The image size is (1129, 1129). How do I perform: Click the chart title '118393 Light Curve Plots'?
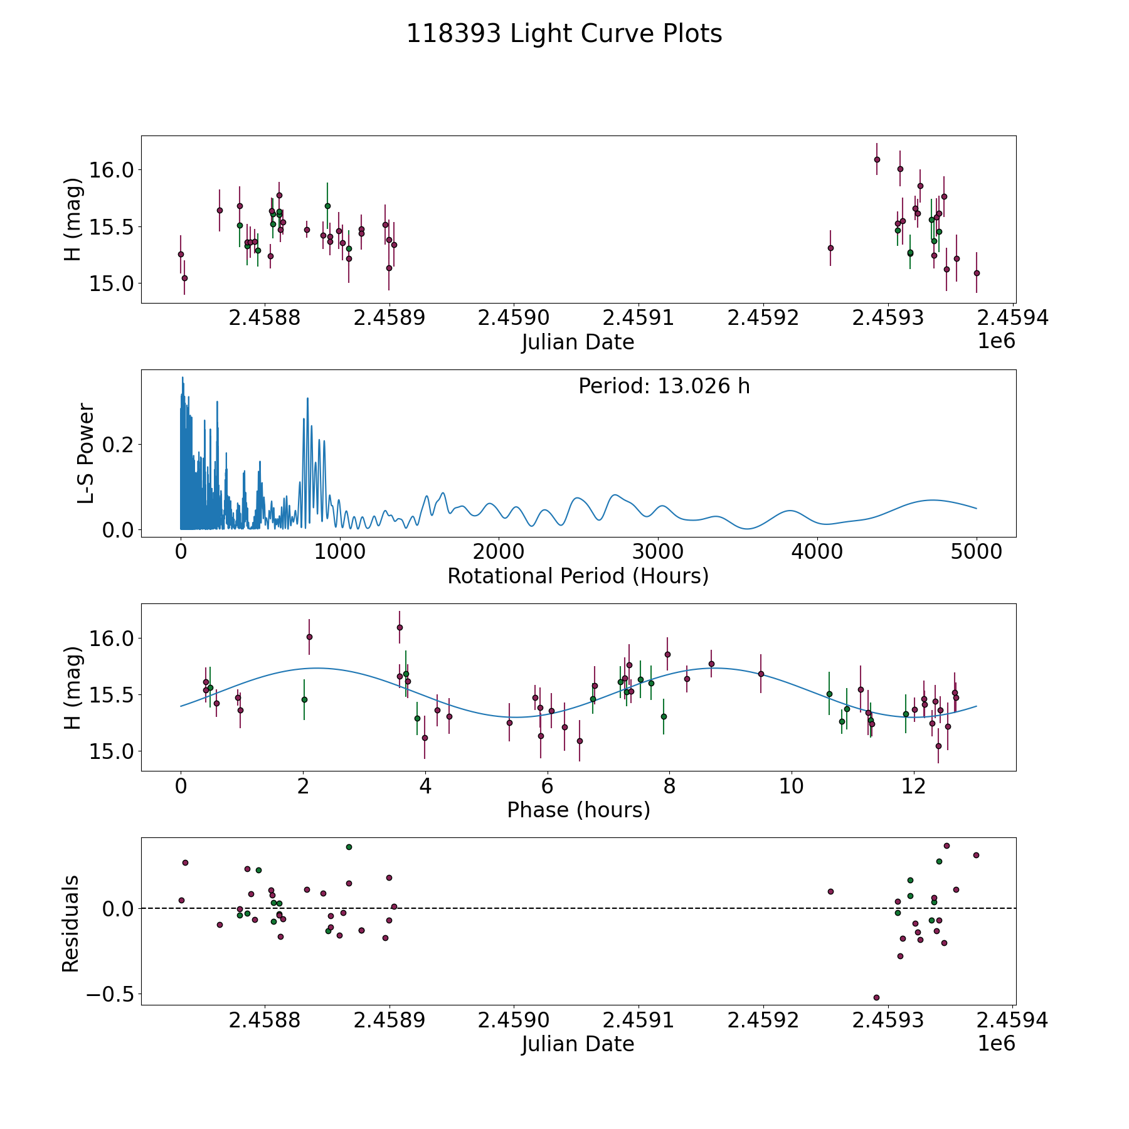coord(564,34)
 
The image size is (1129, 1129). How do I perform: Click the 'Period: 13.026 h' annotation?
coord(664,386)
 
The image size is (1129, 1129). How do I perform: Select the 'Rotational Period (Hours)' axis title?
coord(578,576)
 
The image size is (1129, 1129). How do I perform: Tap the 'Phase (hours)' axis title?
coord(578,810)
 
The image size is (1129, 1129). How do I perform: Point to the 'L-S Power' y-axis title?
coord(86,453)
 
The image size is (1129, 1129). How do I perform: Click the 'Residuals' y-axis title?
coord(71,923)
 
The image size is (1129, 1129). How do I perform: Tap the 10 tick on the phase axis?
coord(792,786)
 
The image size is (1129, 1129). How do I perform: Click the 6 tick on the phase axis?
coord(548,786)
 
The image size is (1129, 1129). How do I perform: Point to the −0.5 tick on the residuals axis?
coord(109,994)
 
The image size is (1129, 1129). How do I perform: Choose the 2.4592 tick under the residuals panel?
coord(763,1020)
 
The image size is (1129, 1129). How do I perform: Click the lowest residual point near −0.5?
coord(876,997)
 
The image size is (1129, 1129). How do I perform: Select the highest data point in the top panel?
coord(877,159)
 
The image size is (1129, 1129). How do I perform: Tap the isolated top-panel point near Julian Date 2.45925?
coord(830,248)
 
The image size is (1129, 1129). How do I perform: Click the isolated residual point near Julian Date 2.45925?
coord(830,891)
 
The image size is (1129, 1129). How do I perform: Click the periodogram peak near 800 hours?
coord(307,398)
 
